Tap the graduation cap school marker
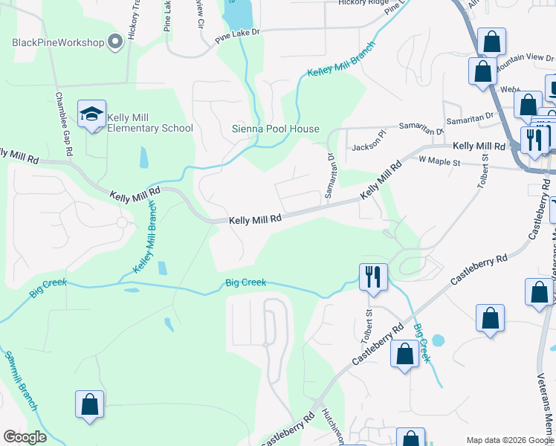91,114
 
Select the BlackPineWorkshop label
58,42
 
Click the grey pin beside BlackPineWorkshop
114,42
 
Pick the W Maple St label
441,160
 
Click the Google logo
25,436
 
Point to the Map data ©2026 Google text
508,439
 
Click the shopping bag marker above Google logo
89,405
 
